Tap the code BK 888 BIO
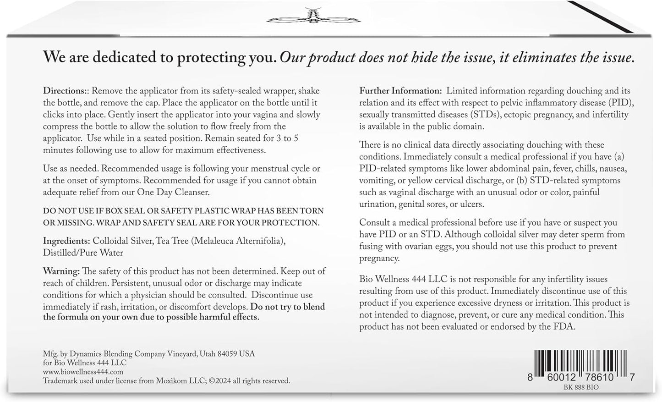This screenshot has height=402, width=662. click(582, 387)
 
